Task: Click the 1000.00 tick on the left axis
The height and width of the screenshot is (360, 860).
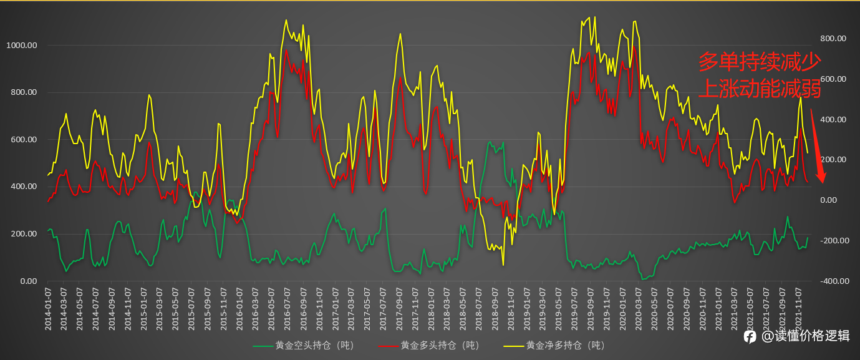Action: pos(21,46)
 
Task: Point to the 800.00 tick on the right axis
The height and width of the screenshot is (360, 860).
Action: pos(832,39)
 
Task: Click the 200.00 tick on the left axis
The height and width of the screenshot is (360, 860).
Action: pos(23,234)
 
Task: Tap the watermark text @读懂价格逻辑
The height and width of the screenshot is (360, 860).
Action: pos(805,336)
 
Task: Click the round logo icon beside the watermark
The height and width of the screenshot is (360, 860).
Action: pos(750,336)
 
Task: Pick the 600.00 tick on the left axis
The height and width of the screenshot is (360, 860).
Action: pos(23,140)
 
